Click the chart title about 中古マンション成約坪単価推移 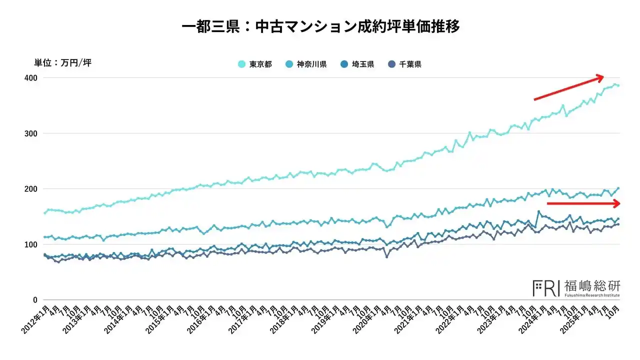320,26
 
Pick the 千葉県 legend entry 405,64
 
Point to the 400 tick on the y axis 31,78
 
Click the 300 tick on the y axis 31,133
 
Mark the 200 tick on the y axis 31,189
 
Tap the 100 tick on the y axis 31,244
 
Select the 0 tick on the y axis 35,300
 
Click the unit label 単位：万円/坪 62,63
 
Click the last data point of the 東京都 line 618,85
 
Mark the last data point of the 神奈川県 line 618,188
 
